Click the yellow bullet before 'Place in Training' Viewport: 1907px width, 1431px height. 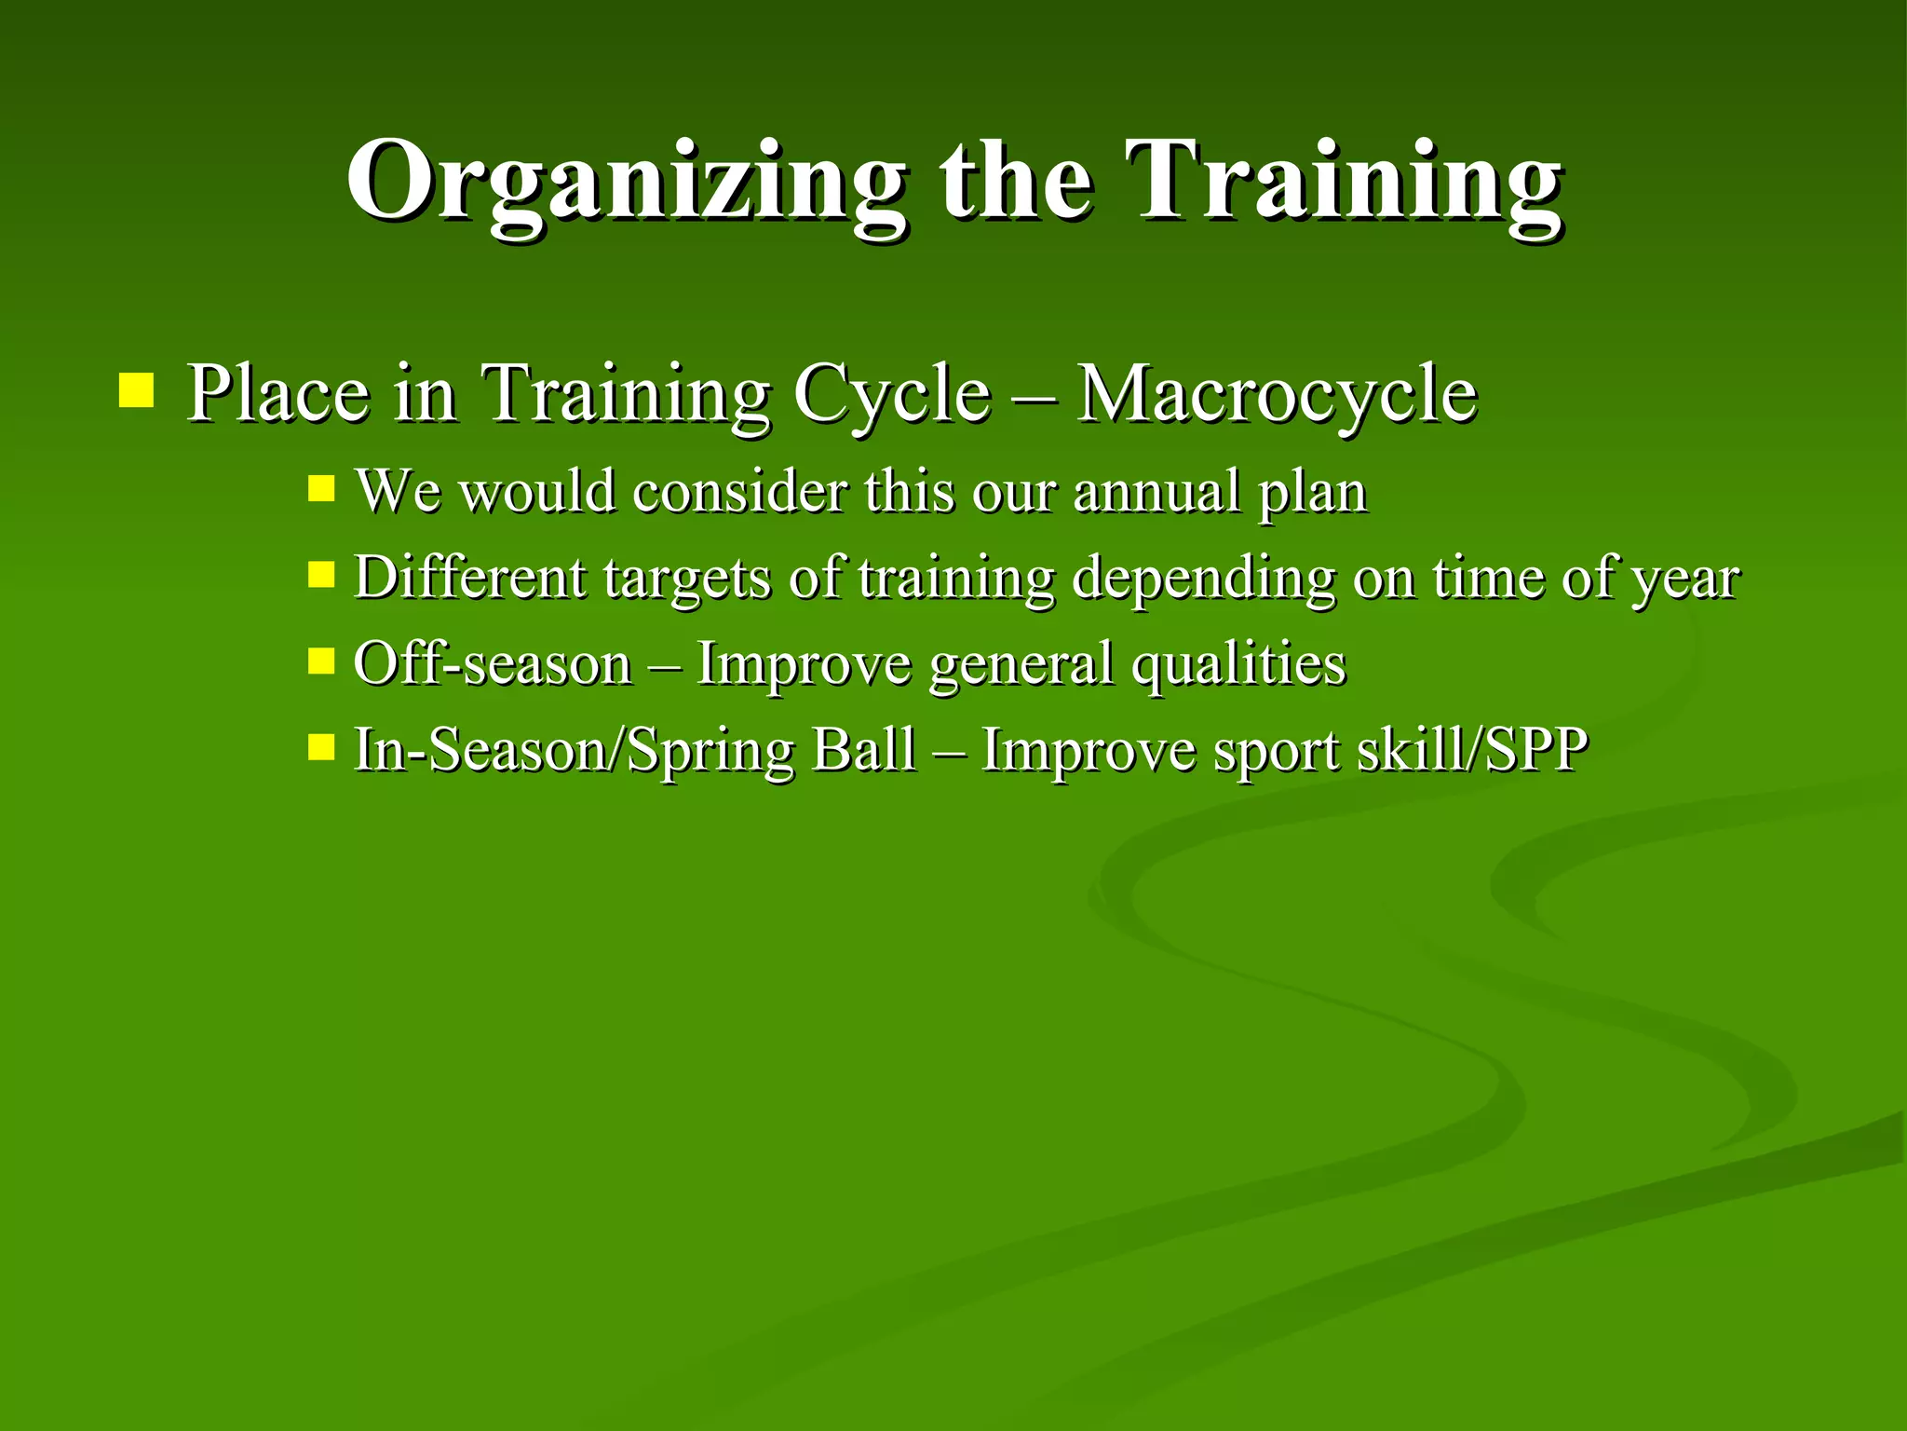pyautogui.click(x=136, y=390)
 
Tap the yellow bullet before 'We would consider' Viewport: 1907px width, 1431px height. pyautogui.click(x=321, y=488)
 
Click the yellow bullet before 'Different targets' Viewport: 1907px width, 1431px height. pyautogui.click(x=321, y=574)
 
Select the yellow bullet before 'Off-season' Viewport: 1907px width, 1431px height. pyautogui.click(x=321, y=661)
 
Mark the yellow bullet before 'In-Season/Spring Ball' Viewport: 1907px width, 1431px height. pyautogui.click(x=321, y=746)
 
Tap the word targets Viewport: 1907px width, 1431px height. pyautogui.click(x=686, y=579)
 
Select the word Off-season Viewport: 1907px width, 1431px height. pyautogui.click(x=493, y=664)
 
